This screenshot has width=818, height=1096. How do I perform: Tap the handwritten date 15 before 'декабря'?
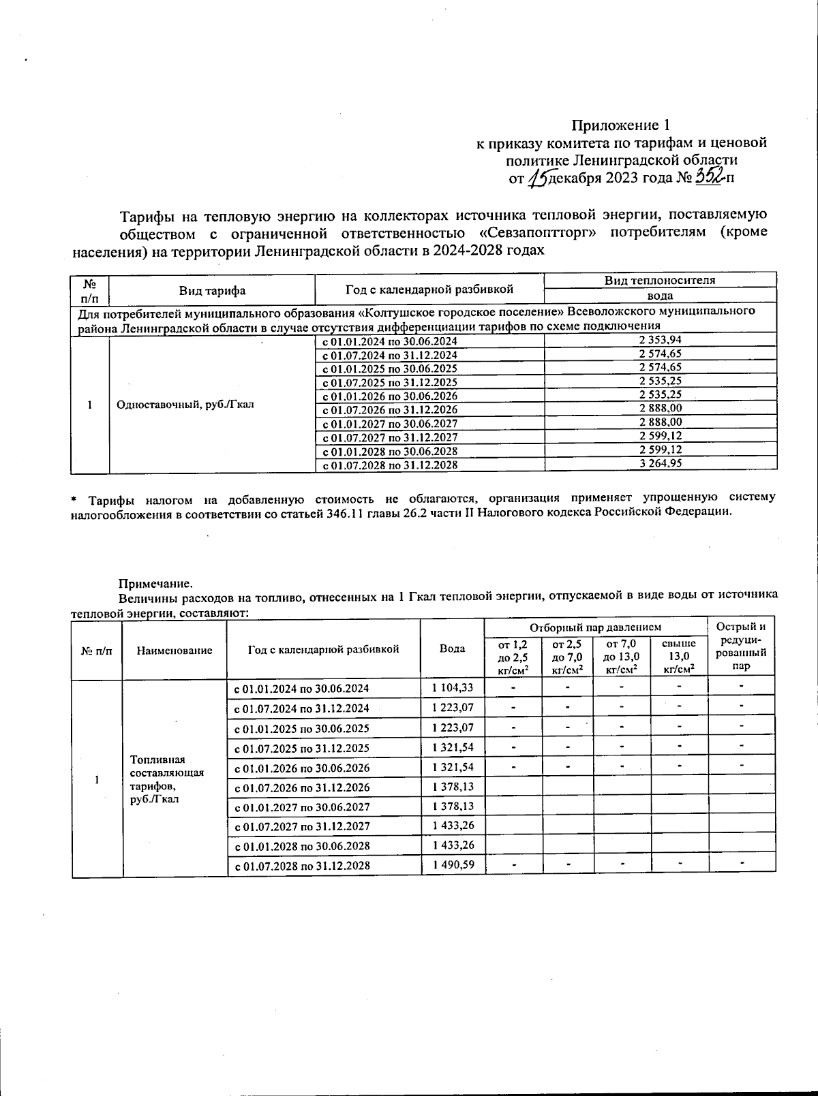coord(538,178)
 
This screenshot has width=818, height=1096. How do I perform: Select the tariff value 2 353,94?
coord(660,340)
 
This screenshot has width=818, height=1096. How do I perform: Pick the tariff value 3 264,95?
coord(660,464)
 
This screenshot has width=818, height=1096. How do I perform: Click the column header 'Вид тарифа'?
coord(212,290)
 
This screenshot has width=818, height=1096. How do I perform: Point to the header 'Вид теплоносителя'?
coord(660,280)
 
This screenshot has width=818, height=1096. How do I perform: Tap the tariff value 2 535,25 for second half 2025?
coord(660,381)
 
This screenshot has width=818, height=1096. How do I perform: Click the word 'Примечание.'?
coord(156,584)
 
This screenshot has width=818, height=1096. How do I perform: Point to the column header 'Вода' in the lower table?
coord(452,648)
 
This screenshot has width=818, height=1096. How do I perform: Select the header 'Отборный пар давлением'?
coord(596,627)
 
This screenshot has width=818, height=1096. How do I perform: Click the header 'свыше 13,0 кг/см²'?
coord(679,656)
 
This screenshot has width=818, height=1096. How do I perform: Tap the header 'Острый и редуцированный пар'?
coord(741,646)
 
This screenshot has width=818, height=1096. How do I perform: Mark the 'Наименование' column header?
coord(175,650)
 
